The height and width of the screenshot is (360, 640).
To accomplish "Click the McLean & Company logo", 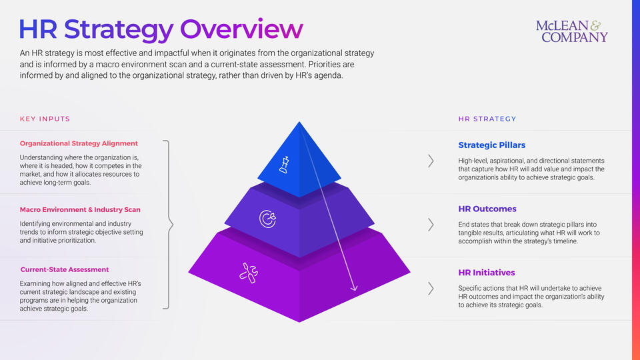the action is (x=572, y=31).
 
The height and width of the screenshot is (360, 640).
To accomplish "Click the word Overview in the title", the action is (x=241, y=29).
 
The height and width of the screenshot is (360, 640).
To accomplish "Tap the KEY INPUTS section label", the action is (x=45, y=119).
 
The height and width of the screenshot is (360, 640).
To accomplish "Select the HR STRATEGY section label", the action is (x=487, y=119).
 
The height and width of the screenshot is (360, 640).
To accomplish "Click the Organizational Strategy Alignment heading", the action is (x=79, y=143).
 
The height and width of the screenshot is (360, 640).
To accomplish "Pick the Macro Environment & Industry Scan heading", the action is (x=80, y=209).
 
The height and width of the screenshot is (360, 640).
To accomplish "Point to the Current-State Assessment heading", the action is (x=65, y=269).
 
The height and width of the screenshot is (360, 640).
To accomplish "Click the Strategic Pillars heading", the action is (x=491, y=145).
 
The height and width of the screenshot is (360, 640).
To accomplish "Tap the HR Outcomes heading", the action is (x=487, y=209).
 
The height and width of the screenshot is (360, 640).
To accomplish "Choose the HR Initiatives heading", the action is (x=486, y=272).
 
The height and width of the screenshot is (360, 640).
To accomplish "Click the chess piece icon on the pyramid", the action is (x=285, y=165).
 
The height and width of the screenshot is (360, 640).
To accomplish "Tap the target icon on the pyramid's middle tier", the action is (x=268, y=219).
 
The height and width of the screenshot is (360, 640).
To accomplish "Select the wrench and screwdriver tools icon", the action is (x=249, y=273).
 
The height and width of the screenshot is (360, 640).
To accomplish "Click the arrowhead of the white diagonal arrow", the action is (x=354, y=288).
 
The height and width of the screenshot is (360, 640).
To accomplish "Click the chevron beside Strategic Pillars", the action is (x=431, y=161).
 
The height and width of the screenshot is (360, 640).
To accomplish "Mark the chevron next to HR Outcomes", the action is (x=431, y=225).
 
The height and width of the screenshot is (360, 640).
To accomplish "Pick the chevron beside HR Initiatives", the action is (x=431, y=289).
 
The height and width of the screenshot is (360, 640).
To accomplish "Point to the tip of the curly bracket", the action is (x=173, y=225).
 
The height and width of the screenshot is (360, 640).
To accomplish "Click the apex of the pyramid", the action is (x=299, y=121).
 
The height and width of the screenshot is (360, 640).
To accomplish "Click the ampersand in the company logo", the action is (x=596, y=25).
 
